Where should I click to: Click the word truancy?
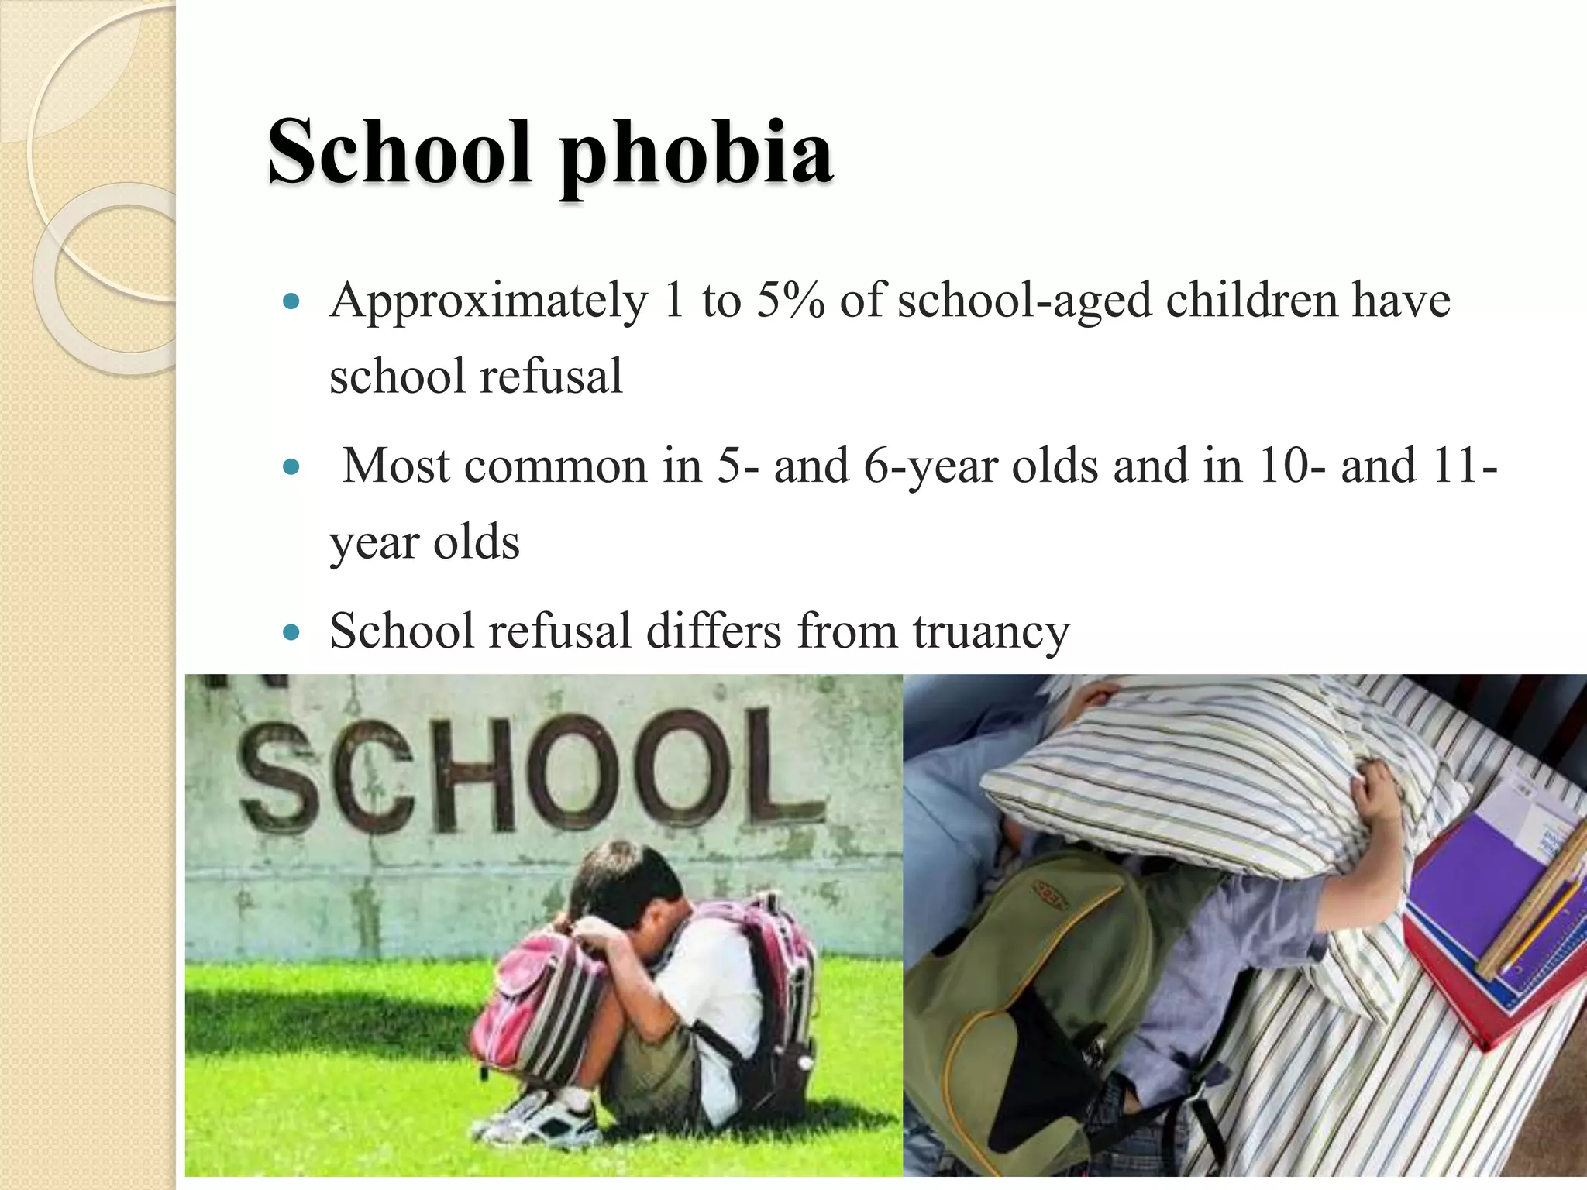[x=991, y=631]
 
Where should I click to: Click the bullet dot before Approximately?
[x=291, y=301]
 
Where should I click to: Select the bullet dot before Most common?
[x=291, y=467]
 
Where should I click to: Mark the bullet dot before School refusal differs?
[x=291, y=632]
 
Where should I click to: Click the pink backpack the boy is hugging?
[x=535, y=999]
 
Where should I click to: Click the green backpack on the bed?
[x=1015, y=984]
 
